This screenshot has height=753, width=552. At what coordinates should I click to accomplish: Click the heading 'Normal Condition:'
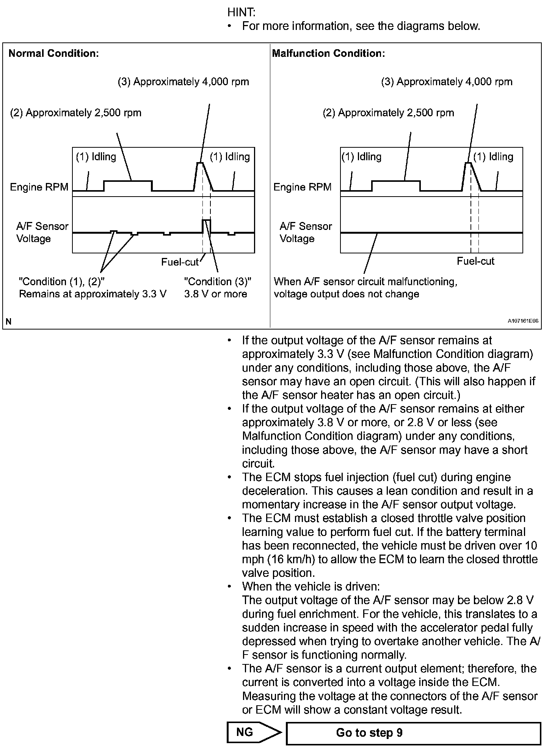(x=53, y=53)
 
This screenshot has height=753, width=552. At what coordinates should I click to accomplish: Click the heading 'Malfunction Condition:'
(x=328, y=53)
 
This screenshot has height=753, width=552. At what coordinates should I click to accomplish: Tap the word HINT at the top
(x=241, y=12)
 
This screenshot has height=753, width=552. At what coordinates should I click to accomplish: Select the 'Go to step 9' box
(x=413, y=733)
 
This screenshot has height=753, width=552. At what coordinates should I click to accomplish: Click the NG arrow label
(x=245, y=732)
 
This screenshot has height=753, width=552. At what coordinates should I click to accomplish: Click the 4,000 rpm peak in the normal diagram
(x=200, y=163)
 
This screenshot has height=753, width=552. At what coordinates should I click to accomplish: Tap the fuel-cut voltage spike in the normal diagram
(x=207, y=220)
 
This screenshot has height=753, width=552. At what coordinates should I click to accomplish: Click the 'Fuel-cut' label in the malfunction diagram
(x=475, y=261)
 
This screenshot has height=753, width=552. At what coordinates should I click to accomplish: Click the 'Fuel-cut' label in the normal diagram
(x=180, y=262)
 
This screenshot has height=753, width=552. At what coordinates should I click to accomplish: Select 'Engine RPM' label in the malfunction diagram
(x=302, y=187)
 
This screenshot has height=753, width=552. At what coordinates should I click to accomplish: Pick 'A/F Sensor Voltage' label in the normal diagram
(x=42, y=233)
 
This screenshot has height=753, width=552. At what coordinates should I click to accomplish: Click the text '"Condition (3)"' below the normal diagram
(x=218, y=282)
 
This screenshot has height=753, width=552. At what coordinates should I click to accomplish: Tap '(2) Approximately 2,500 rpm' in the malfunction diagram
(x=388, y=113)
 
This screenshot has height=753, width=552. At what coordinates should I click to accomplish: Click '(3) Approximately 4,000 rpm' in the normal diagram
(x=183, y=82)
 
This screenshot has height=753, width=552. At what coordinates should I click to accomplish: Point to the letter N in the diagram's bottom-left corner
(x=9, y=322)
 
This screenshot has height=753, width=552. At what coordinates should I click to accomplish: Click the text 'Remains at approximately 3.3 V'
(x=93, y=294)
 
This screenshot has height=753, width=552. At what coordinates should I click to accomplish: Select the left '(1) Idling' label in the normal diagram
(x=96, y=157)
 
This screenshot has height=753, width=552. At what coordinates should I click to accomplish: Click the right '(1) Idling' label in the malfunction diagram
(x=493, y=157)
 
